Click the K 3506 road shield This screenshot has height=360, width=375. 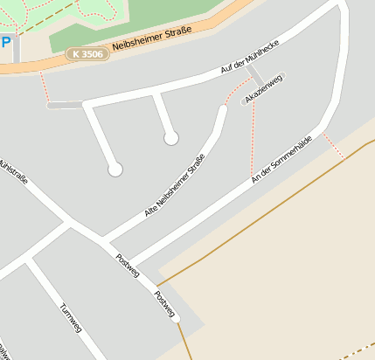87,54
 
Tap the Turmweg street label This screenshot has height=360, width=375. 71,321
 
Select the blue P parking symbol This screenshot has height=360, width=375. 6,44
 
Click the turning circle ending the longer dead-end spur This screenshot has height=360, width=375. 115,170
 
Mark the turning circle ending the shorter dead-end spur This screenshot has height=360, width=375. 171,137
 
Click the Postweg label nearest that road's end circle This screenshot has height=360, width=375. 164,302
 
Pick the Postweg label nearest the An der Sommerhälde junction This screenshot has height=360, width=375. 127,265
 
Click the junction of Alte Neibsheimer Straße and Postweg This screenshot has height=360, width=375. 103,240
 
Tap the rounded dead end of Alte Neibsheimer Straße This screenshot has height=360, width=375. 222,110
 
